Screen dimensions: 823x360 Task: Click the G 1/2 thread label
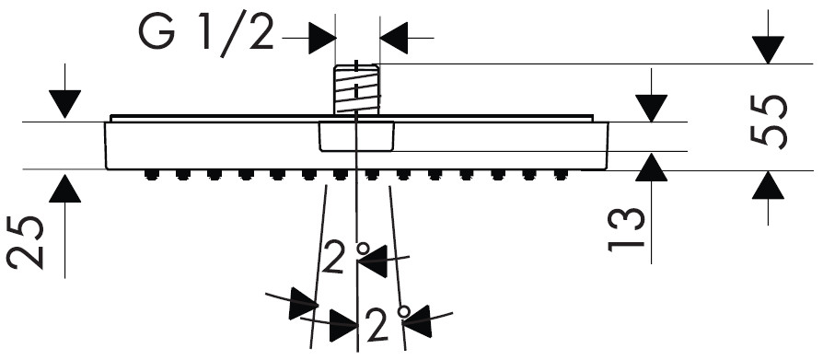tap(206, 35)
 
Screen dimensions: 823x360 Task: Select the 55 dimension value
tap(770, 122)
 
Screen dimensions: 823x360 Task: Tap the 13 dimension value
tap(626, 230)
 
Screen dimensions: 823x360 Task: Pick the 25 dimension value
tap(25, 242)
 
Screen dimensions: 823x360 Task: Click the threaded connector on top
tap(357, 89)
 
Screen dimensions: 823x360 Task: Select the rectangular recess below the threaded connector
tap(356, 136)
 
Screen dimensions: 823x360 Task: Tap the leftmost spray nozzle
tap(151, 175)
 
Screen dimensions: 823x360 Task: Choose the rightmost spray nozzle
tap(561, 175)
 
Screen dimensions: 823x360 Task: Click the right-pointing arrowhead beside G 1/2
tap(322, 38)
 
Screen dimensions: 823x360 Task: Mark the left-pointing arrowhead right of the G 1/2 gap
tap(394, 38)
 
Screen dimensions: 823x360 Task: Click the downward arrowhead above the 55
tap(768, 50)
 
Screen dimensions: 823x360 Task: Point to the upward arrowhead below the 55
tap(768, 185)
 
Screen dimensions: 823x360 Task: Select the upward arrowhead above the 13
tap(652, 168)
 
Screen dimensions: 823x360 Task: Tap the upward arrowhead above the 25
tap(65, 189)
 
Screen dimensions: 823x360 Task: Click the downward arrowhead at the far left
tap(65, 104)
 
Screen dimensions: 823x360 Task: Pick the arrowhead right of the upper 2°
tap(374, 261)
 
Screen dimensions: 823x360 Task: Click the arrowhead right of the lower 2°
tap(418, 320)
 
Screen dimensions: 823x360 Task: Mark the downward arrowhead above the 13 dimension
tap(652, 108)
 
